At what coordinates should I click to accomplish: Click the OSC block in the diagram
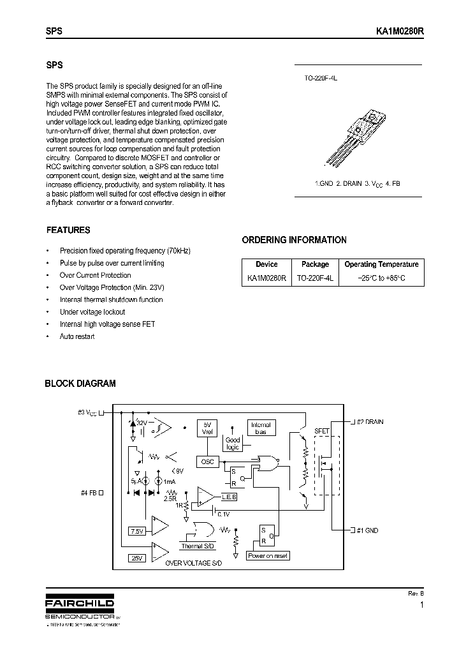[207, 462]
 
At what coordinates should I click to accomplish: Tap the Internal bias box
[260, 428]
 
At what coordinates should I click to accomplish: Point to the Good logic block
[233, 444]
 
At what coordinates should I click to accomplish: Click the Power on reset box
[267, 555]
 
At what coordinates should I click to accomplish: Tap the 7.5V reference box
[137, 530]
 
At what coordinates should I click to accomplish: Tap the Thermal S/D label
[197, 546]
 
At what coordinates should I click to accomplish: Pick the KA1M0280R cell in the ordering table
[266, 278]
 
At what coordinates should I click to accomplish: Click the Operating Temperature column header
[381, 264]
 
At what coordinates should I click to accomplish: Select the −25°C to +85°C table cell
[381, 278]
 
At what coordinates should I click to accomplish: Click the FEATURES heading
[68, 230]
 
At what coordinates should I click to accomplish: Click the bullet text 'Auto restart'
[76, 336]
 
